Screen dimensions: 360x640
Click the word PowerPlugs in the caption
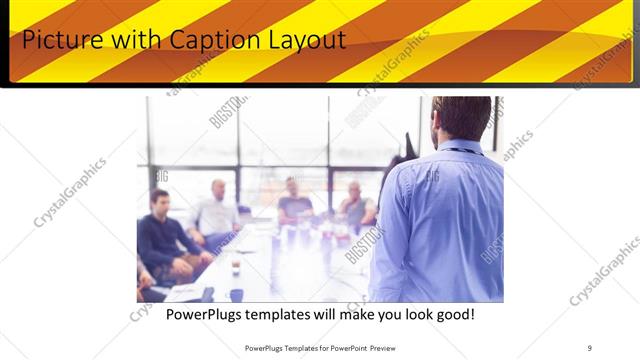[x=208, y=314]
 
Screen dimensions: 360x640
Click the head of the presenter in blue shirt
[x=462, y=117]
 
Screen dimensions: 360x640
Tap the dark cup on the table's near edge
[x=236, y=294]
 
